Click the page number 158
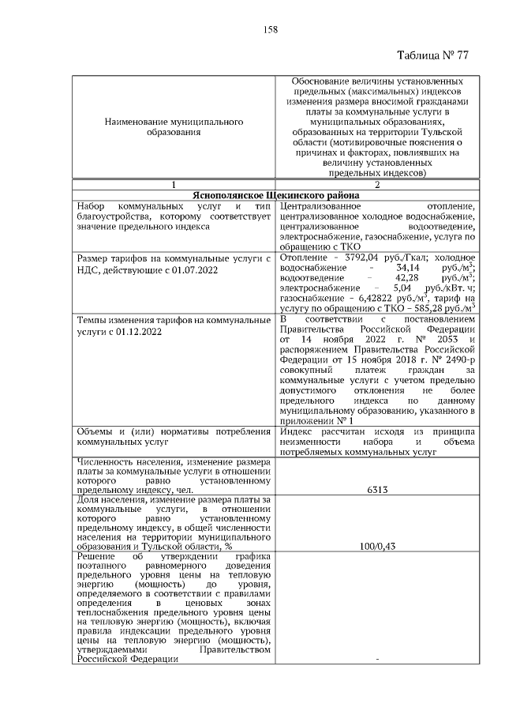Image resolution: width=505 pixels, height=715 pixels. (271, 29)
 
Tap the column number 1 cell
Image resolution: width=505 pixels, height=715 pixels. (173, 185)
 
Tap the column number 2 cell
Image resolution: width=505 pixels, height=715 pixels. (376, 185)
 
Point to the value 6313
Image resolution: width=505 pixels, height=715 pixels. (376, 490)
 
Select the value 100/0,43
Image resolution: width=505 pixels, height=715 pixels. (376, 545)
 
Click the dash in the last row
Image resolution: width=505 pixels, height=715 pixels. (376, 661)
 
